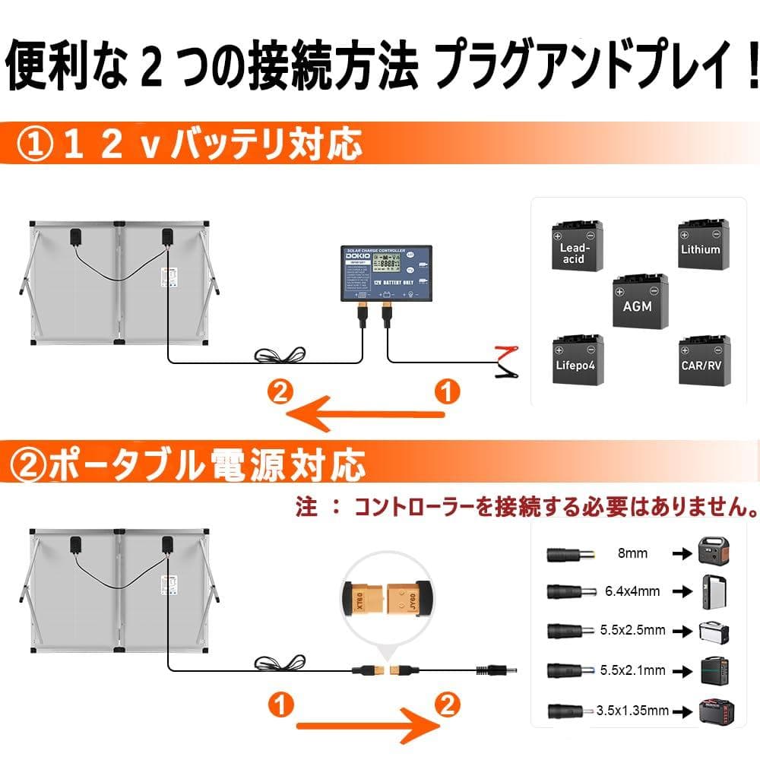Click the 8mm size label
click(632, 553)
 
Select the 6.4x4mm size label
click(632, 590)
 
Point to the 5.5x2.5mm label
click(632, 630)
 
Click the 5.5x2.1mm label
click(632, 670)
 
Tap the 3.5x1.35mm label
click(632, 711)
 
